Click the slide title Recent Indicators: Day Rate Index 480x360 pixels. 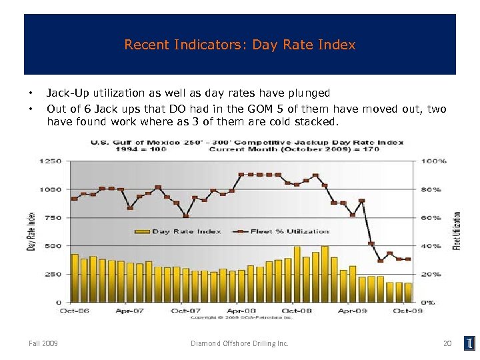tap(240, 45)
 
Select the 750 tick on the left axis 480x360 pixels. tap(53, 218)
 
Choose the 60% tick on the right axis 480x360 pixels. tap(431, 218)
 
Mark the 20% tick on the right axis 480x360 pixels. tap(431, 274)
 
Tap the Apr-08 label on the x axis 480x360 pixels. tap(242, 310)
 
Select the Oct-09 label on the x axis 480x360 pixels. tap(407, 310)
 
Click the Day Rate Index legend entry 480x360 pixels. tap(178, 231)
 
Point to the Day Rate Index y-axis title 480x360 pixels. tap(31, 231)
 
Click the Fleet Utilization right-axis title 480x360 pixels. tap(457, 231)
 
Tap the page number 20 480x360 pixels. tap(447, 343)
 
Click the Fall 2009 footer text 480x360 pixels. tap(43, 343)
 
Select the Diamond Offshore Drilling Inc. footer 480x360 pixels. tap(239, 343)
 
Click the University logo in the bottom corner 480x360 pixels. tap(470, 343)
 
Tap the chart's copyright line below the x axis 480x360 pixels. tap(240, 317)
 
